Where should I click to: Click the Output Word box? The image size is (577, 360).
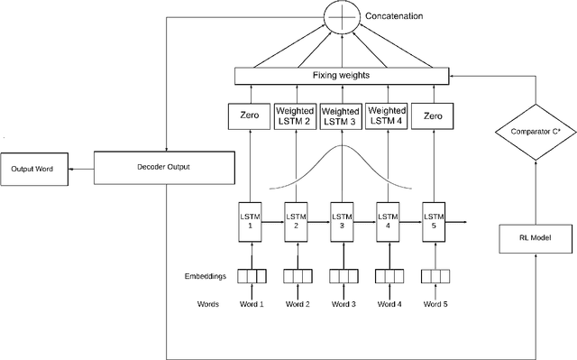[x=34, y=170]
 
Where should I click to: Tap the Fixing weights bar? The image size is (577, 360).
[x=341, y=77]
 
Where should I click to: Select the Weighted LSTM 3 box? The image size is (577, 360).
[x=341, y=116]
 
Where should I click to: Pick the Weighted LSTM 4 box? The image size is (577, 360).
[x=389, y=116]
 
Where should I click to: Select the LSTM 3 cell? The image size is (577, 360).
[x=341, y=221]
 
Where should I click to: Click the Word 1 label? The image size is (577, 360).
[x=251, y=304]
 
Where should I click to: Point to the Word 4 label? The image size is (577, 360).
[x=389, y=304]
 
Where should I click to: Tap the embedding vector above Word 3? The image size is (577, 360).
[x=341, y=276]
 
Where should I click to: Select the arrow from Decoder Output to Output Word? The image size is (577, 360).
[x=81, y=169]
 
